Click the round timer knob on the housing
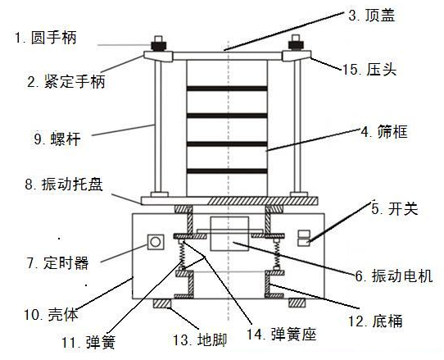click(x=153, y=243)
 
